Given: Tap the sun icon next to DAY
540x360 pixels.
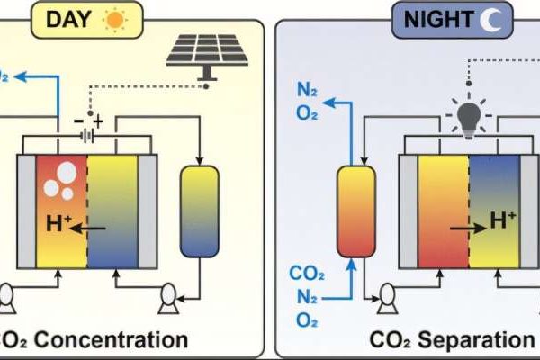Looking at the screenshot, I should coord(115,18).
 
